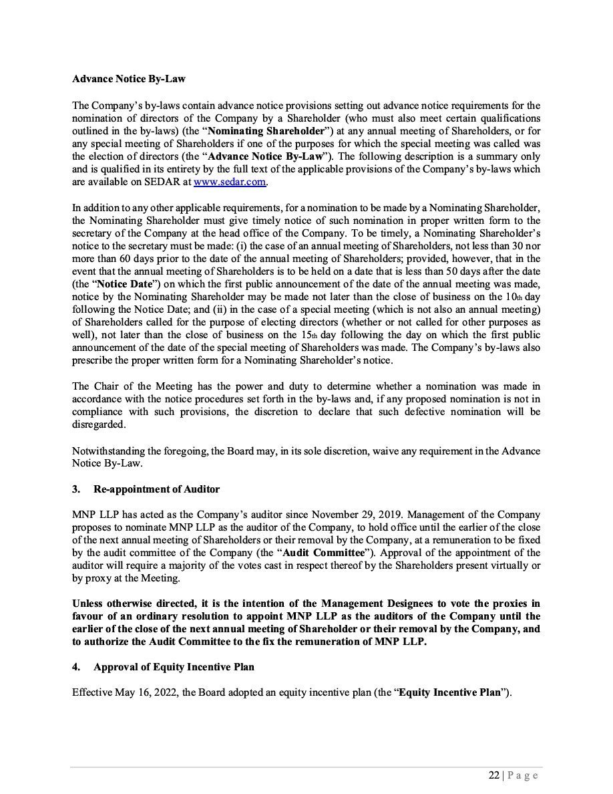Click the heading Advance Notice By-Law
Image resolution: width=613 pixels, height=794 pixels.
pyautogui.click(x=129, y=78)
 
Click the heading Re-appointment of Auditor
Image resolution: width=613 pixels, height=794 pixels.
pyautogui.click(x=156, y=489)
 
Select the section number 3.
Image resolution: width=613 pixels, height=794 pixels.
pyautogui.click(x=75, y=489)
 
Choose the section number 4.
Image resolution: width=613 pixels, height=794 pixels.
pyautogui.click(x=75, y=667)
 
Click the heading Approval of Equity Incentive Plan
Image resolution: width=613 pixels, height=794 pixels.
pyautogui.click(x=174, y=667)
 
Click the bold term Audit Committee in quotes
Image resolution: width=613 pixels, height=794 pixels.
pyautogui.click(x=323, y=553)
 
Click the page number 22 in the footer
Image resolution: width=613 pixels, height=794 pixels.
pyautogui.click(x=493, y=775)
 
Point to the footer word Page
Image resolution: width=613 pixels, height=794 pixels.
pyautogui.click(x=523, y=775)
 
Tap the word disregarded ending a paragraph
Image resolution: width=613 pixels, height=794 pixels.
pyautogui.click(x=99, y=425)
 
